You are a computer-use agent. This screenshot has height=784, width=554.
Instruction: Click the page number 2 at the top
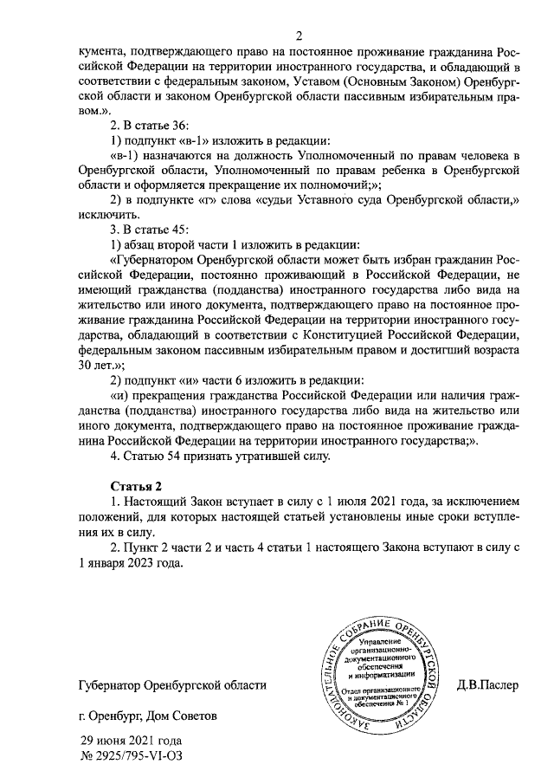pos(299,36)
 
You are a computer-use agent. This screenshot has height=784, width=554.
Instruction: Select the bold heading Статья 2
pos(137,484)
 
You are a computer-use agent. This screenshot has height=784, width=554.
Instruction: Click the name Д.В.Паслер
pos(487,685)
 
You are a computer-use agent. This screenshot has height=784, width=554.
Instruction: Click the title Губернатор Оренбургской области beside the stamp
pos(171,685)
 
